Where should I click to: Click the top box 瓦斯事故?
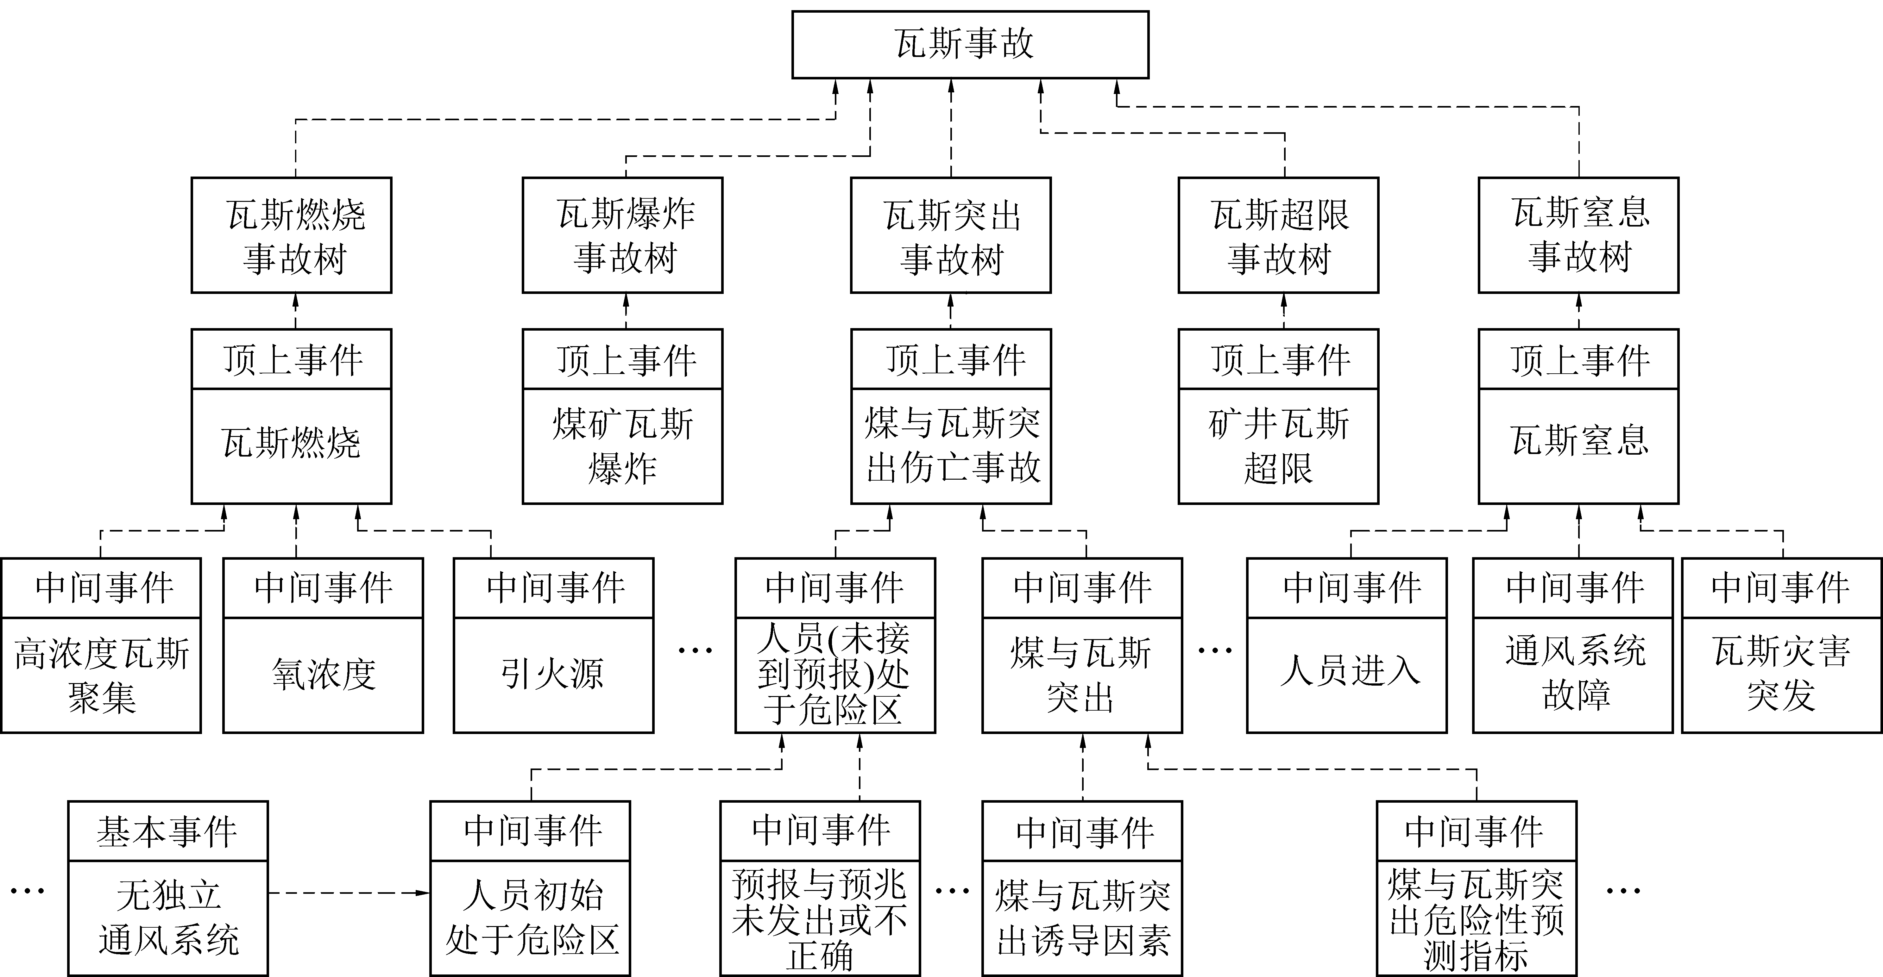(970, 44)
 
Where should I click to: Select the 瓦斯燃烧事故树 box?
(292, 235)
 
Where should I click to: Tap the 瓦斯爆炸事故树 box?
(623, 235)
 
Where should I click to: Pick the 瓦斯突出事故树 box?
(951, 235)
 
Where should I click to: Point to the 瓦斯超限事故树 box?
(1278, 235)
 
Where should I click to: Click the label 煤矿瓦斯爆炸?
(623, 446)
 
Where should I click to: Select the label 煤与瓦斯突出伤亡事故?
(951, 446)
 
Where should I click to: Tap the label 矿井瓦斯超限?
(1278, 446)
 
